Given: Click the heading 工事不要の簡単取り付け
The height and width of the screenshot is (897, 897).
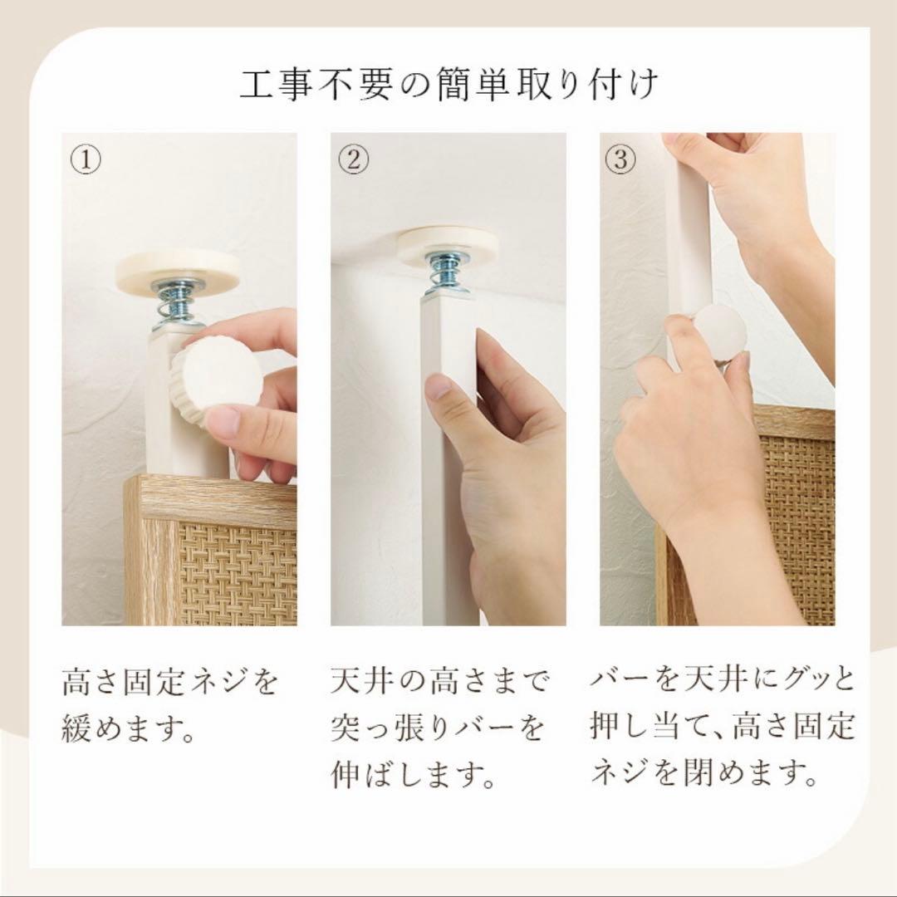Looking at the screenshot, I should [448, 86].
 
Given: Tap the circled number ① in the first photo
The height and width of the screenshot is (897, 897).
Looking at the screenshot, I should [86, 160].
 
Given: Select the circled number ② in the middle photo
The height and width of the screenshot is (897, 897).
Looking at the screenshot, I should [354, 160].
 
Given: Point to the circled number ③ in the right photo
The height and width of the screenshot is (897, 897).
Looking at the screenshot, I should [620, 160].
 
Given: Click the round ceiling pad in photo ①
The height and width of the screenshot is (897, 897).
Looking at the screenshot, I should [177, 271].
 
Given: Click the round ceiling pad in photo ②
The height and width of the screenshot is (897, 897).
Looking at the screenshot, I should [447, 244].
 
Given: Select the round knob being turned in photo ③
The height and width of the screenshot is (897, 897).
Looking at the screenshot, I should [718, 332].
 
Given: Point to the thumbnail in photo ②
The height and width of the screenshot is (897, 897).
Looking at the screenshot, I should [439, 387].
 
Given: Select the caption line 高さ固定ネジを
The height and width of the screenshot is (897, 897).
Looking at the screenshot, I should [170, 684].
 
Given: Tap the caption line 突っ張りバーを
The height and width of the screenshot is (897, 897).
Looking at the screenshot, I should [437, 728].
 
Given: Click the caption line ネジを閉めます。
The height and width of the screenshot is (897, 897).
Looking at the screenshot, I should [702, 773].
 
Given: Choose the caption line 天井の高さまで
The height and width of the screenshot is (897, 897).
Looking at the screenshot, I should [439, 683].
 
